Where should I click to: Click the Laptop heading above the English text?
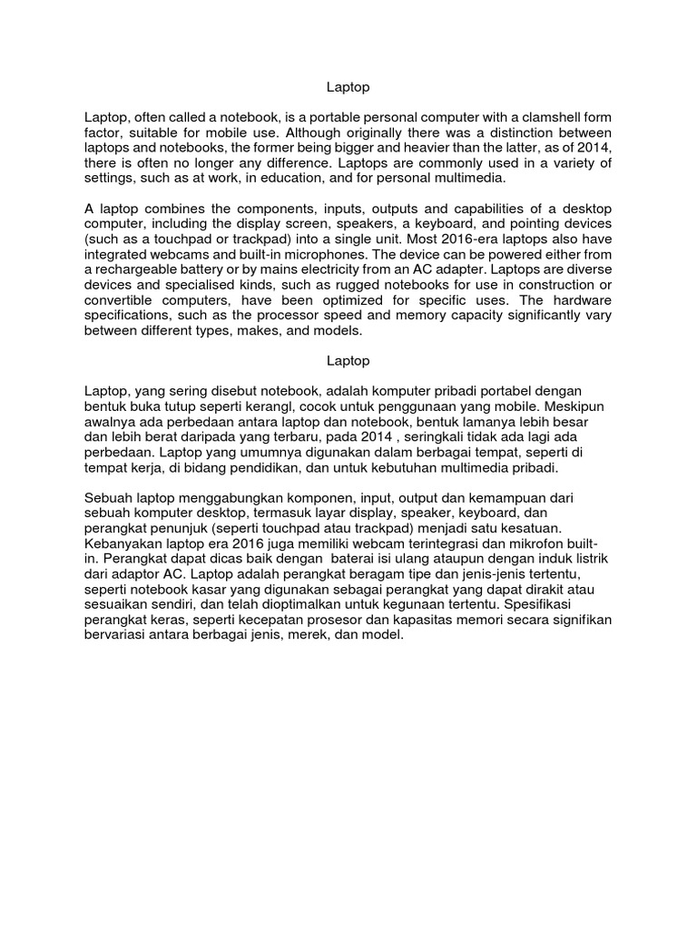coord(348,88)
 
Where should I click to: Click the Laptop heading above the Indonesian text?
coord(348,360)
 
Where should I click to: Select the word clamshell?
coord(520,117)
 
